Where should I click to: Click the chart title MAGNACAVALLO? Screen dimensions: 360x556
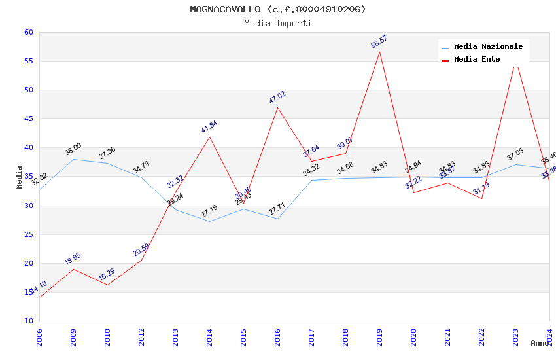tap(278, 9)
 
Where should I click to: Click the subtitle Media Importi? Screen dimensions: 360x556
tap(278, 23)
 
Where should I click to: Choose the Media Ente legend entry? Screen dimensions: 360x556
tap(477, 59)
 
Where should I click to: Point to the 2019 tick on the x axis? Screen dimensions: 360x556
tap(380, 337)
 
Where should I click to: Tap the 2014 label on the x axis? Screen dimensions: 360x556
tap(210, 337)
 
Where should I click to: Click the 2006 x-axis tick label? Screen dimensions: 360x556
tap(40, 337)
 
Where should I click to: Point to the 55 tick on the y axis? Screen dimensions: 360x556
tap(28, 61)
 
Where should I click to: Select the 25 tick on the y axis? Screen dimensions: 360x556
tap(28, 234)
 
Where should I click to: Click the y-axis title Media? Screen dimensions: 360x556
tap(19, 177)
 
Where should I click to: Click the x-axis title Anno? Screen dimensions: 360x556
tap(540, 343)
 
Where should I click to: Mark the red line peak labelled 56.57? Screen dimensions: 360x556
tap(380, 52)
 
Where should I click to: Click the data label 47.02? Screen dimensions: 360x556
tap(277, 98)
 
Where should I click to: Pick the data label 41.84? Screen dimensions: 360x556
tap(209, 127)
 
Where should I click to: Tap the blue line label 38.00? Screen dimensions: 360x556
tap(73, 149)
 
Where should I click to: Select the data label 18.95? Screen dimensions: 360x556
tap(73, 259)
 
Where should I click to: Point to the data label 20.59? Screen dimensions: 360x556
tap(141, 250)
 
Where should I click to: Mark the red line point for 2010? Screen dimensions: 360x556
tap(108, 285)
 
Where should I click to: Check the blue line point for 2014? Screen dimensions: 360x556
tap(210, 221)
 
